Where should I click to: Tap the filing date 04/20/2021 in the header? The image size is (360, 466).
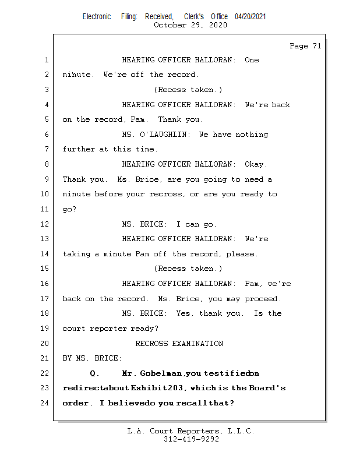tap(250, 17)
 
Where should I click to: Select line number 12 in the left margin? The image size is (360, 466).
tap(45, 224)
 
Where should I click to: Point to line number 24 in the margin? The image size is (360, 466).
tap(45, 403)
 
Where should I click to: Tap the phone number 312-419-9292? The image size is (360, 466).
tap(191, 439)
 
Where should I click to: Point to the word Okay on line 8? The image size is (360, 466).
tap(256, 164)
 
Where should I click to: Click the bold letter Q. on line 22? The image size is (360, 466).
tap(95, 373)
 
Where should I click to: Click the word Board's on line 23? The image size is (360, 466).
tap(267, 388)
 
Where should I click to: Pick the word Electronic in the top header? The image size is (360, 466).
tap(97, 17)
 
